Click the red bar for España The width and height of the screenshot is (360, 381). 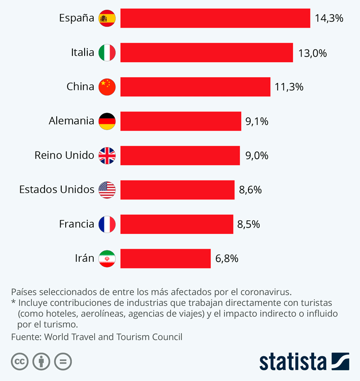pyautogui.click(x=215, y=18)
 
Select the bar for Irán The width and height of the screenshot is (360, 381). pyautogui.click(x=166, y=259)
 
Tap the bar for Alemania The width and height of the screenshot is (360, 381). pyautogui.click(x=181, y=121)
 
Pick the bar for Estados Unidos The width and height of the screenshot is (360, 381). pyautogui.click(x=177, y=190)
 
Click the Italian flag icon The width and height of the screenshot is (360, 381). pyautogui.click(x=107, y=53)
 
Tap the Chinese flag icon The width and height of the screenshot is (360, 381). pyautogui.click(x=107, y=87)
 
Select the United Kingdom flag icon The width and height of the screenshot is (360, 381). pyautogui.click(x=107, y=156)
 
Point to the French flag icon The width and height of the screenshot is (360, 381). pyautogui.click(x=107, y=224)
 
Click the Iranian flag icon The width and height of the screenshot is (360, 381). pyautogui.click(x=107, y=259)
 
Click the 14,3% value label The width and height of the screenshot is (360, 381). pyautogui.click(x=329, y=18)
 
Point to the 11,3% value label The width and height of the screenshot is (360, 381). pyautogui.click(x=289, y=87)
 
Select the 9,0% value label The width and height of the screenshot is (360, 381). pyautogui.click(x=256, y=156)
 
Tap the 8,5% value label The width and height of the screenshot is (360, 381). pyautogui.click(x=249, y=224)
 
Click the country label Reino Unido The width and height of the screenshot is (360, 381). pyautogui.click(x=64, y=156)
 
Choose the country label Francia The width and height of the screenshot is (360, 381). pyautogui.click(x=76, y=224)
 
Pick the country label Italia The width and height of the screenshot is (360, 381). pyautogui.click(x=82, y=53)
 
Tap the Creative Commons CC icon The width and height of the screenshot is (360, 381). pyautogui.click(x=20, y=361)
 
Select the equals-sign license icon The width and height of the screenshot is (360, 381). pyautogui.click(x=63, y=361)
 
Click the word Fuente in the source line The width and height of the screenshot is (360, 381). pyautogui.click(x=25, y=337)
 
